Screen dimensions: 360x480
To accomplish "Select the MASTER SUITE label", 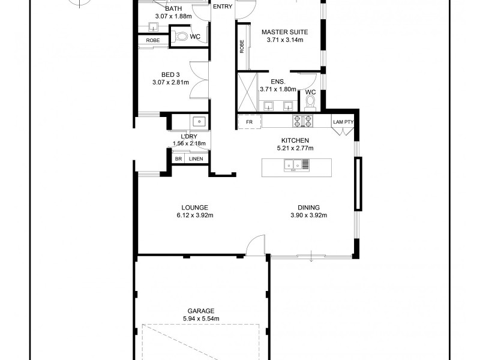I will pyautogui.click(x=285, y=32).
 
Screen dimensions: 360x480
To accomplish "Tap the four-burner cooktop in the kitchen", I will pyautogui.click(x=302, y=121).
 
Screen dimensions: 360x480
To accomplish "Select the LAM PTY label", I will pyautogui.click(x=343, y=122).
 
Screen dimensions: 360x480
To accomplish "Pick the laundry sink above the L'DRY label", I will pyautogui.click(x=198, y=122).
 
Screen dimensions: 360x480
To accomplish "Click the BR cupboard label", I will pyautogui.click(x=178, y=158).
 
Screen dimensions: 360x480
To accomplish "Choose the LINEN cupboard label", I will pyautogui.click(x=196, y=158).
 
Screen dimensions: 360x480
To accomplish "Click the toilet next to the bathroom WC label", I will pyautogui.click(x=182, y=37).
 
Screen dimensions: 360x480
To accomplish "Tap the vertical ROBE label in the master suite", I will pyautogui.click(x=242, y=47).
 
